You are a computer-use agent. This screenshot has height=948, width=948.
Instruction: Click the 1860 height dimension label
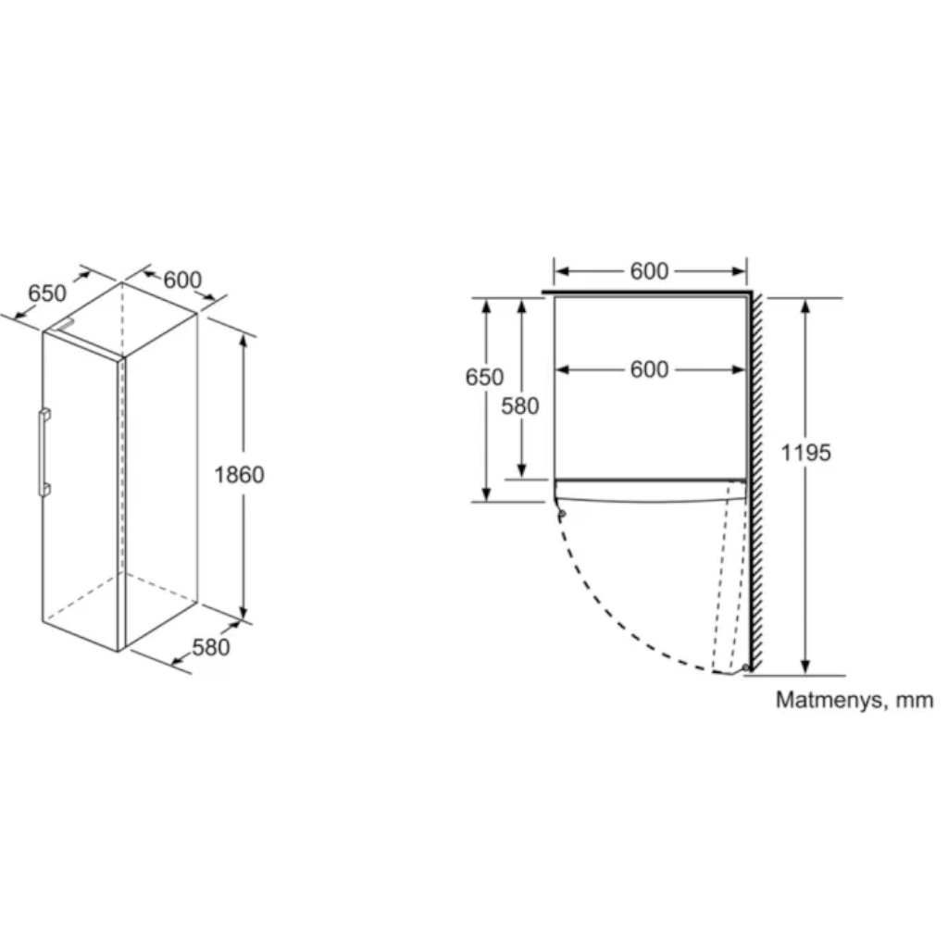pyautogui.click(x=239, y=475)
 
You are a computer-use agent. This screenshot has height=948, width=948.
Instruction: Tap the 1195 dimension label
pyautogui.click(x=806, y=452)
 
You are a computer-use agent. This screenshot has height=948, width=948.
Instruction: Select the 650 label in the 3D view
pyautogui.click(x=47, y=293)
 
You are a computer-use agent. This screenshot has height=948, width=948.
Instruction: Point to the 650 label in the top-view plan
pyautogui.click(x=484, y=377)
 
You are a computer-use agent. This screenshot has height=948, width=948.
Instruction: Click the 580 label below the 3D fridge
pyautogui.click(x=211, y=647)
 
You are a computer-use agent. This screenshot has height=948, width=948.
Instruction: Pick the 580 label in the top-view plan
pyautogui.click(x=520, y=405)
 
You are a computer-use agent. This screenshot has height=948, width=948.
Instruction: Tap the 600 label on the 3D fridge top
pyautogui.click(x=182, y=280)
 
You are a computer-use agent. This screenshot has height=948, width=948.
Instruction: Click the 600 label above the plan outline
pyautogui.click(x=649, y=271)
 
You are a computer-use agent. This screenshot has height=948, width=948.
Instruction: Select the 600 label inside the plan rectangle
pyautogui.click(x=649, y=369)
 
